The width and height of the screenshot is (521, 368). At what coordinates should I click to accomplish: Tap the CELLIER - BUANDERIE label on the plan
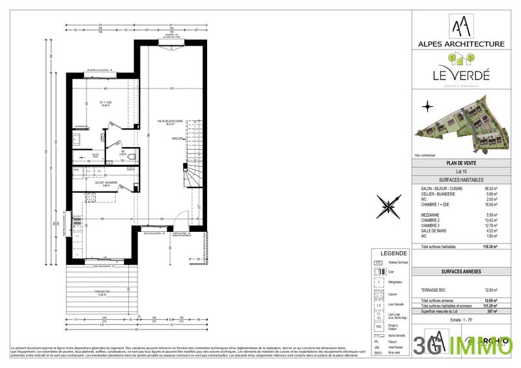point(106,183)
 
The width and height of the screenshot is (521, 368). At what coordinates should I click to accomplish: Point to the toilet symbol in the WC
point(132,156)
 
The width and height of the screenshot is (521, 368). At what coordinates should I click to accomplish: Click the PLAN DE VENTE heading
point(460,163)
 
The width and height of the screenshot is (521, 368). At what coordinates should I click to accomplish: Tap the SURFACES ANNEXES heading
point(460,270)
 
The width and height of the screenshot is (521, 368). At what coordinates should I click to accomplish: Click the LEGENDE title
point(389,254)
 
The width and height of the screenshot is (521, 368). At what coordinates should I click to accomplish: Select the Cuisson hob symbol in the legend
point(377,292)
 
